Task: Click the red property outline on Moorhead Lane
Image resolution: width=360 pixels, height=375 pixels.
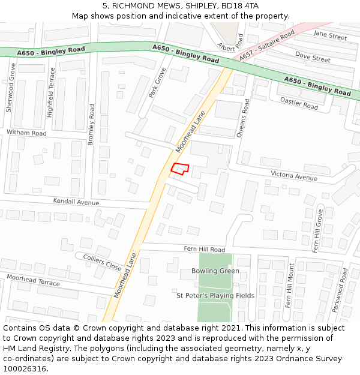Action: (x=180, y=169)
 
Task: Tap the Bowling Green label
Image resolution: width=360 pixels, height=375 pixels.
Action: (x=215, y=271)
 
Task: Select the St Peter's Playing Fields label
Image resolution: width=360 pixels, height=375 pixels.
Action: (x=215, y=295)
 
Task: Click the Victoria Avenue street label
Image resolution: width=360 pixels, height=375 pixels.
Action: (x=293, y=178)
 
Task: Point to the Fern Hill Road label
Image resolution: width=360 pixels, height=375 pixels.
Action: (x=204, y=249)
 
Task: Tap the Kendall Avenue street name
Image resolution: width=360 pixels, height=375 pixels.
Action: (x=76, y=202)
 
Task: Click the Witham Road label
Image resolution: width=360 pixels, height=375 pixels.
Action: (x=26, y=133)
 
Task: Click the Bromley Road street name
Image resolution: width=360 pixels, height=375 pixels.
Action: (x=92, y=124)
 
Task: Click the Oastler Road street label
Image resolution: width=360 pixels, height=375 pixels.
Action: (x=299, y=103)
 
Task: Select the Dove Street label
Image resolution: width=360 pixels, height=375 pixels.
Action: (x=313, y=57)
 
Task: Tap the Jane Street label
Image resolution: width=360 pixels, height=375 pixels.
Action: (x=330, y=37)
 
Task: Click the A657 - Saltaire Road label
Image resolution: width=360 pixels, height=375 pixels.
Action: (x=267, y=46)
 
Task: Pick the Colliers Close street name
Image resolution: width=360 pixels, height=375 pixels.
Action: (x=102, y=262)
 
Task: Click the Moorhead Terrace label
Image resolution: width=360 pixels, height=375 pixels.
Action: (x=33, y=280)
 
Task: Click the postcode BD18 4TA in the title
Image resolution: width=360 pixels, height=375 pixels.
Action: (x=241, y=5)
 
